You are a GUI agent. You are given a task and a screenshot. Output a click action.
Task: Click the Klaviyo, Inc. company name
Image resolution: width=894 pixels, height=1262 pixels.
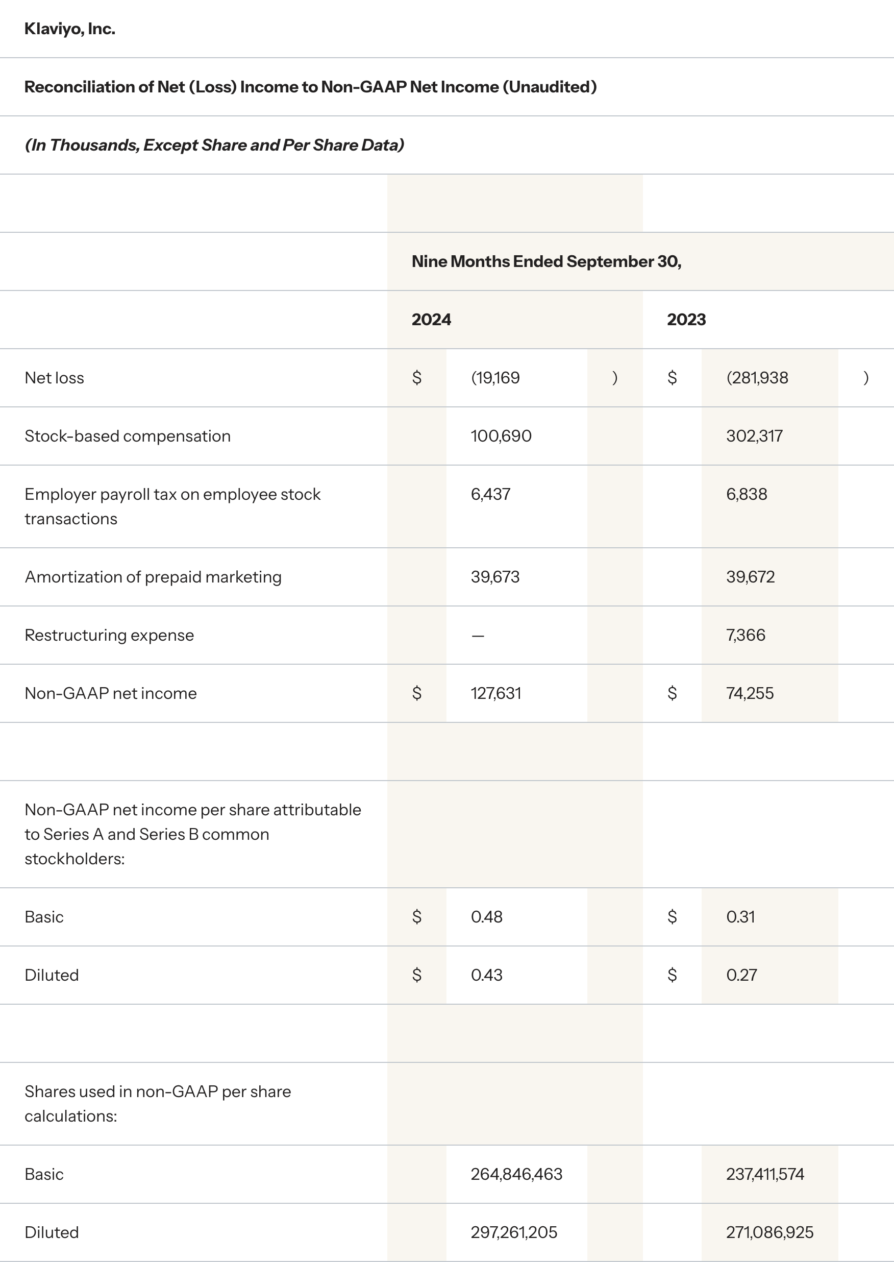pyautogui.click(x=70, y=29)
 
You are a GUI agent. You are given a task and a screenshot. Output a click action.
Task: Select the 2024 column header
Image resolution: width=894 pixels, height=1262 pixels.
pyautogui.click(x=431, y=320)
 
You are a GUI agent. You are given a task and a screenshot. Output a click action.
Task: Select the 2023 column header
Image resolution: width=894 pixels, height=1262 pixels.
pyautogui.click(x=686, y=320)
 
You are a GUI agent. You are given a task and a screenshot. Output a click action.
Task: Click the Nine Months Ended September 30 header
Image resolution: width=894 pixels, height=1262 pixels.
pyautogui.click(x=546, y=261)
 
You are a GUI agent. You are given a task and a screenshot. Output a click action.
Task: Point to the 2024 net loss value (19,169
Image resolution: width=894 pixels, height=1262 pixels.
pyautogui.click(x=495, y=378)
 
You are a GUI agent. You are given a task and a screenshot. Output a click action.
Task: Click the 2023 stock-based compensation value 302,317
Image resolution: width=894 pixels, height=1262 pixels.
pyautogui.click(x=754, y=436)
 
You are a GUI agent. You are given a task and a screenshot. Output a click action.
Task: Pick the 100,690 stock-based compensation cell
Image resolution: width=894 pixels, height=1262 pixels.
pyautogui.click(x=501, y=436)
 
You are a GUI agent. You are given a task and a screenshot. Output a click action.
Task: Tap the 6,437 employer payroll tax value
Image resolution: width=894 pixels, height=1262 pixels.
pyautogui.click(x=490, y=494)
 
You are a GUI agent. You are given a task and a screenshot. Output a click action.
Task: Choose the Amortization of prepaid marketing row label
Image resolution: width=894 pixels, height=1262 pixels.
pyautogui.click(x=153, y=576)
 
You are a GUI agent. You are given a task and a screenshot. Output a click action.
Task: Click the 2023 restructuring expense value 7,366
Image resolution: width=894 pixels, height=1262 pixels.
pyautogui.click(x=746, y=635)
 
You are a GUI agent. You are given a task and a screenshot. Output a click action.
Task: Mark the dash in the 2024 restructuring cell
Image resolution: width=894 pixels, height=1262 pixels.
pyautogui.click(x=478, y=636)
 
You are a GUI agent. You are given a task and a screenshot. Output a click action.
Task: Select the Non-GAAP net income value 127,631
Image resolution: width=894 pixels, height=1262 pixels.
pyautogui.click(x=495, y=693)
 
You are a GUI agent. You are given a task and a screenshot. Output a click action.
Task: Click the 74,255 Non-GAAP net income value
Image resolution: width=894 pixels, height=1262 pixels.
pyautogui.click(x=750, y=693)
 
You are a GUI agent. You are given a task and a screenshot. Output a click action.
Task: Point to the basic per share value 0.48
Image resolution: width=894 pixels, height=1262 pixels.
pyautogui.click(x=487, y=917)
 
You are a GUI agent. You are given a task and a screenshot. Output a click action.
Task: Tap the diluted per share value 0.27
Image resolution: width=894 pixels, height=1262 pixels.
pyautogui.click(x=741, y=975)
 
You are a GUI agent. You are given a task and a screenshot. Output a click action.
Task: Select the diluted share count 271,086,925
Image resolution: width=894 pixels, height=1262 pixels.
pyautogui.click(x=769, y=1232)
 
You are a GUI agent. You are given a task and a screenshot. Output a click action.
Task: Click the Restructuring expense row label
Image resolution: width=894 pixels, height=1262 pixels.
pyautogui.click(x=109, y=635)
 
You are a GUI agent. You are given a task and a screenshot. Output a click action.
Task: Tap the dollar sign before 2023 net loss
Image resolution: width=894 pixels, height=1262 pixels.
pyautogui.click(x=672, y=378)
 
